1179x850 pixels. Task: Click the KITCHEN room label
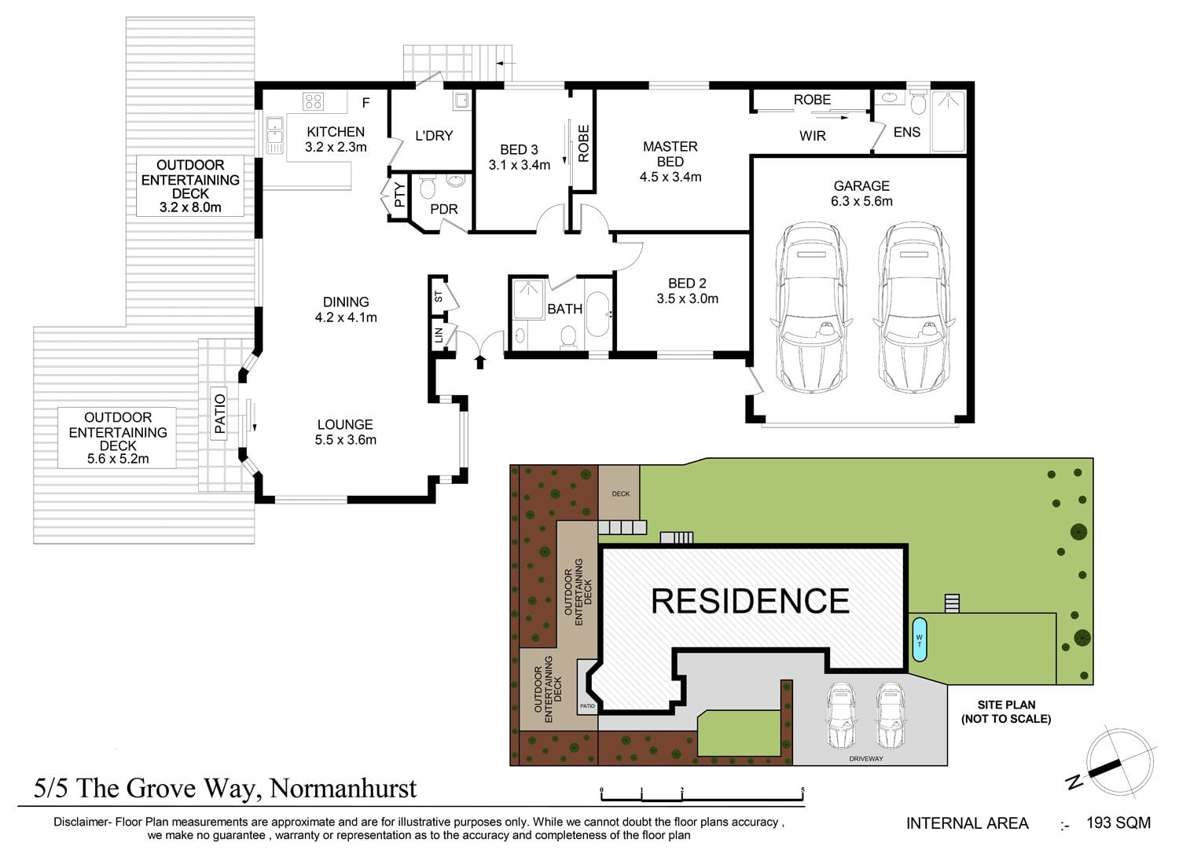click(336, 131)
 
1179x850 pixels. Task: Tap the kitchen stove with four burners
click(313, 101)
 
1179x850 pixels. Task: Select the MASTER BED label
click(670, 154)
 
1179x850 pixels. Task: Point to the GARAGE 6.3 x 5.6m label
click(861, 193)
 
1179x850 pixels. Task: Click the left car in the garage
click(811, 307)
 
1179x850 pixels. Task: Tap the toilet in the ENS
click(919, 104)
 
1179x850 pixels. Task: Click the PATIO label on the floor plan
click(219, 414)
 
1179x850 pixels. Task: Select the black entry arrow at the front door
click(479, 361)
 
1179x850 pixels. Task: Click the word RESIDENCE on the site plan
click(751, 601)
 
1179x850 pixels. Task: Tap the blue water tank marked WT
click(919, 639)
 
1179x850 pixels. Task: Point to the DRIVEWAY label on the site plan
click(866, 759)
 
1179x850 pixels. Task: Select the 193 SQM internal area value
click(1118, 823)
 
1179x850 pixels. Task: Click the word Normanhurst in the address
click(343, 789)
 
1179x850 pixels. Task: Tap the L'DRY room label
click(434, 136)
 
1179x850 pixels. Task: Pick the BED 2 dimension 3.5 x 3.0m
click(687, 299)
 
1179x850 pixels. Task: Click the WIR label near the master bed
click(812, 136)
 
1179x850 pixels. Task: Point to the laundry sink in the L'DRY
click(461, 100)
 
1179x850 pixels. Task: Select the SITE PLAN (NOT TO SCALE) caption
click(1006, 712)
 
